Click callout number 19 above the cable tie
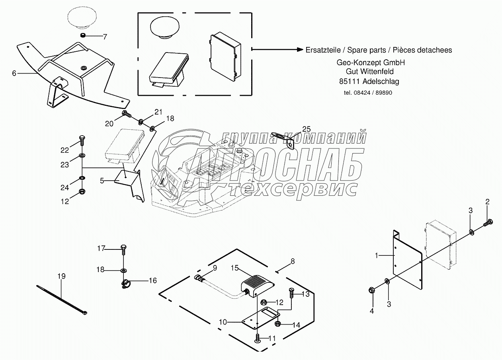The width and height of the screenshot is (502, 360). point(61,276)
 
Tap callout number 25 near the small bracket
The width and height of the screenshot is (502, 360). point(306,129)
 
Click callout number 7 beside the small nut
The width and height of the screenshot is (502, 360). point(105,37)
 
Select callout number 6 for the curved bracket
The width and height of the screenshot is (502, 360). point(14,73)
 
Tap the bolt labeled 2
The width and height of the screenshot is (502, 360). point(489,224)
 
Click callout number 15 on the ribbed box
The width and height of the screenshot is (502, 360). point(235,268)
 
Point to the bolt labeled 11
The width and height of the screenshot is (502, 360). point(258,338)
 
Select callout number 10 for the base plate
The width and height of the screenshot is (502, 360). point(223,322)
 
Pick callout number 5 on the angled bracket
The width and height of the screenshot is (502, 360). point(102,181)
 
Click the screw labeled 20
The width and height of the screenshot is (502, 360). point(127,115)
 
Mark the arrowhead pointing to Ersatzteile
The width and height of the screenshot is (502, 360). point(301,50)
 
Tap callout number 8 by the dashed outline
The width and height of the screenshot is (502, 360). point(293,261)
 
